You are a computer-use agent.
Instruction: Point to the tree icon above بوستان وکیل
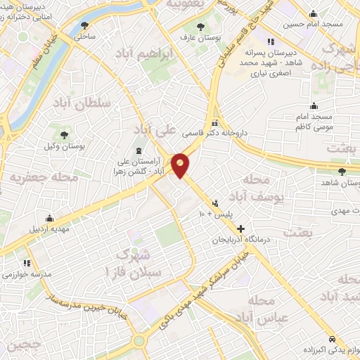click(65, 134)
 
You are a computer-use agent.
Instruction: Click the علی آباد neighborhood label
click(157, 129)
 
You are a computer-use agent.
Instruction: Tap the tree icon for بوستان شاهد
click(342, 171)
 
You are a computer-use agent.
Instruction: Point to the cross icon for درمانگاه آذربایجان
click(241, 229)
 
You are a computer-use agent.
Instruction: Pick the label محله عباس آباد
click(264, 309)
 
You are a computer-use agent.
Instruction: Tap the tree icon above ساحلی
click(85, 25)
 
